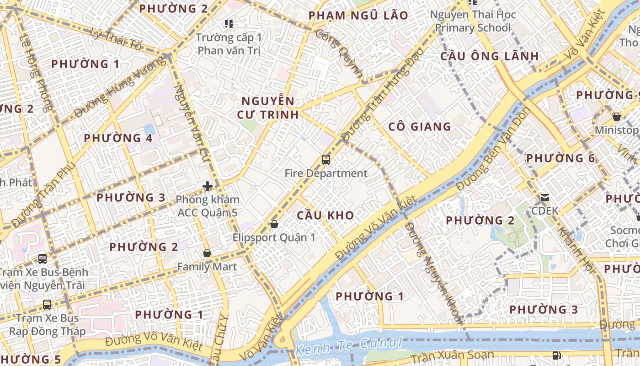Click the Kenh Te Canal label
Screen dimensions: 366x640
(349, 346)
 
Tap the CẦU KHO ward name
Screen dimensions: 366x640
(325, 215)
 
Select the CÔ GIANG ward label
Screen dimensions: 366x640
(420, 127)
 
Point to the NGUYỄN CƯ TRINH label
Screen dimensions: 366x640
(268, 108)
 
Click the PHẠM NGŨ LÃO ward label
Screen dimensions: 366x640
(358, 16)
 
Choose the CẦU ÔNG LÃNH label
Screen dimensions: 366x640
(490, 56)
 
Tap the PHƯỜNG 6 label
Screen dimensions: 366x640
(560, 158)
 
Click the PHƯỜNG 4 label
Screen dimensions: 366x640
(118, 138)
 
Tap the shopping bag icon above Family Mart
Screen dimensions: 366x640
(207, 253)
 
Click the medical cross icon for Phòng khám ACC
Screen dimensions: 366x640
(208, 186)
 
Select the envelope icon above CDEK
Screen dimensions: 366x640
(545, 198)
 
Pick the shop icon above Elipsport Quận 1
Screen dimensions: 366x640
(274, 224)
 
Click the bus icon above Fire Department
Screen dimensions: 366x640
(325, 160)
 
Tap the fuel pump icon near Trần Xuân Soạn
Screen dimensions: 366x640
(556, 355)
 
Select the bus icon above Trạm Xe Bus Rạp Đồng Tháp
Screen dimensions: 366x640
(47, 304)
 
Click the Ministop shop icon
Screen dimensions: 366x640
(616, 117)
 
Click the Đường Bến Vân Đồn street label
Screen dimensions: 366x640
(494, 149)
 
